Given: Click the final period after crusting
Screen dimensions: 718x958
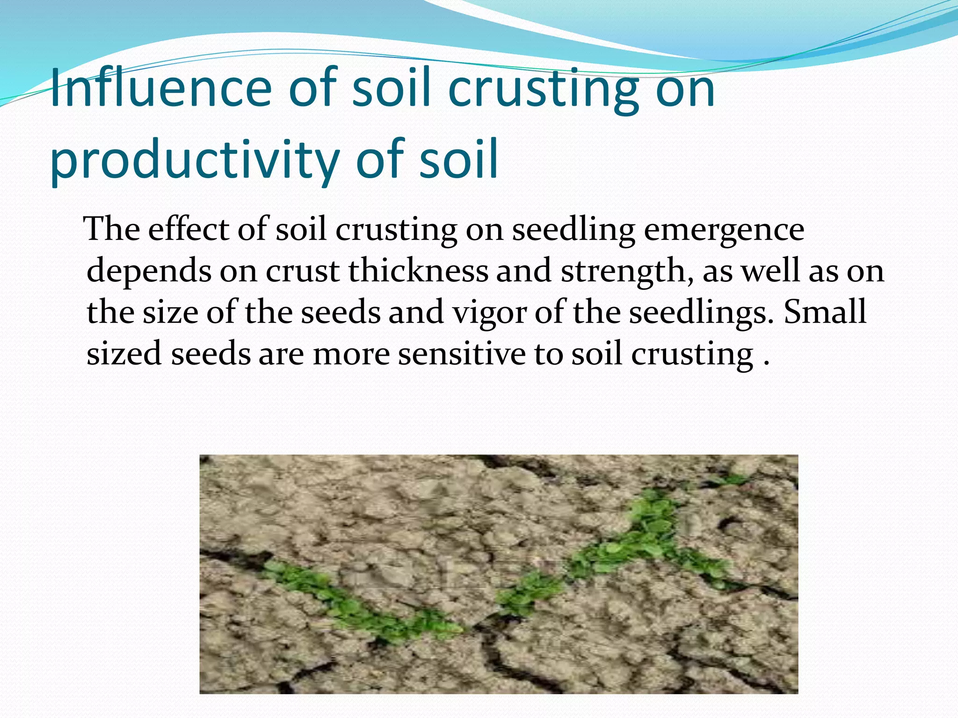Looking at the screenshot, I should point(766,363).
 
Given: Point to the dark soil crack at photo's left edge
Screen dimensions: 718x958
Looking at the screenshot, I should point(234,559).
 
